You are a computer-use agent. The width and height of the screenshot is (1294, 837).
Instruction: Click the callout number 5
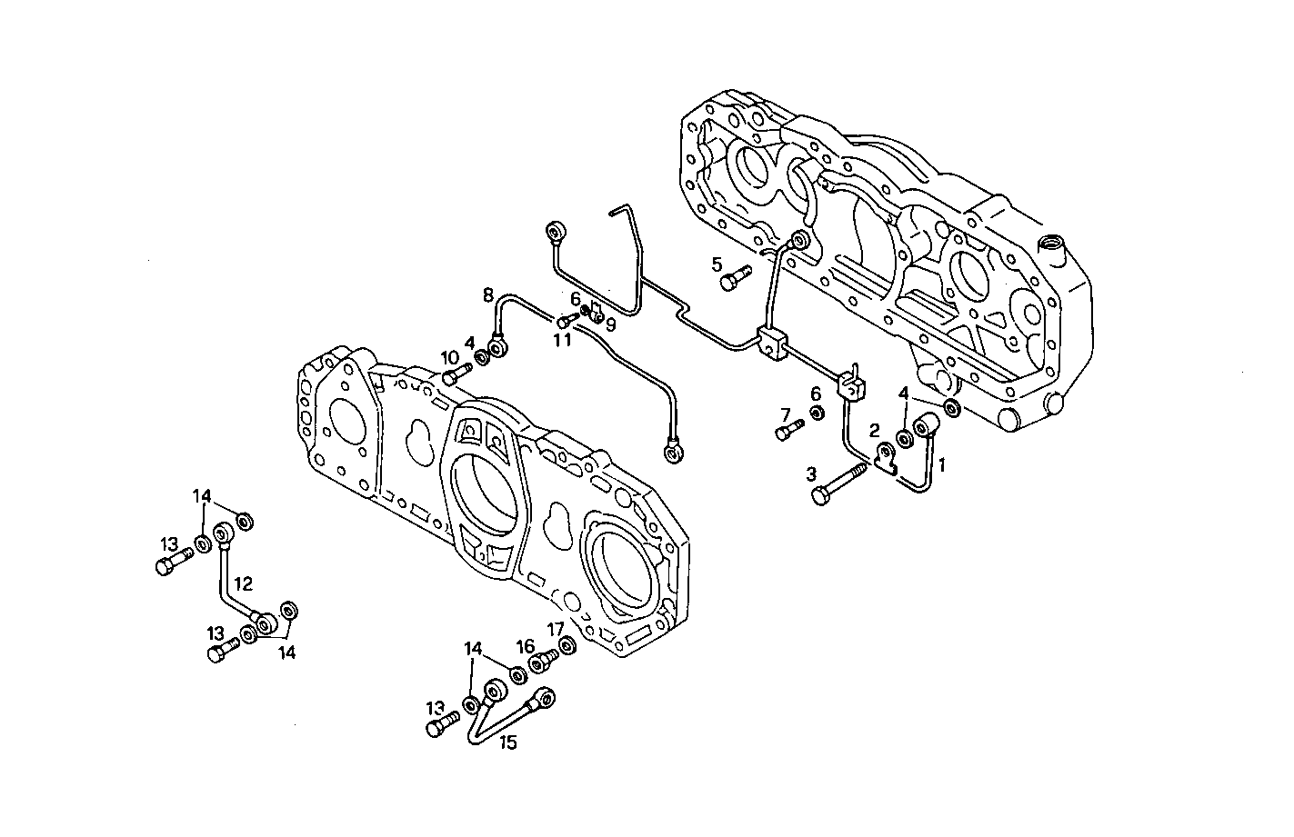tap(717, 264)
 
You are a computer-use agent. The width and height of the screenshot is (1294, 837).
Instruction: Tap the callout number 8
tap(488, 294)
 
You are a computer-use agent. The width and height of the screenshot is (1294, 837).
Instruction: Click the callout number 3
tap(810, 473)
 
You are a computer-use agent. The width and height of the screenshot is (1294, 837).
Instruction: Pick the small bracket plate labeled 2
tap(886, 457)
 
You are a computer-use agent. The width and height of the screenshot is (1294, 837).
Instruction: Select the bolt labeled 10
tap(456, 374)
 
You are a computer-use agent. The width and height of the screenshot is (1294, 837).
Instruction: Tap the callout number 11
tap(562, 339)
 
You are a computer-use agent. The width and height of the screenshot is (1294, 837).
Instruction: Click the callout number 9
tap(610, 324)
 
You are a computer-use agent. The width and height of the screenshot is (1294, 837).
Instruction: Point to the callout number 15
tap(507, 742)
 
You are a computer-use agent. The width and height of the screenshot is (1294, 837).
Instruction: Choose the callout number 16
tap(526, 646)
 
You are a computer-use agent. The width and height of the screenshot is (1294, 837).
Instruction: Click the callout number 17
tap(556, 628)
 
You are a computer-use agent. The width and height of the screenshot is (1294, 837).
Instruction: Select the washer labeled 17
tap(566, 645)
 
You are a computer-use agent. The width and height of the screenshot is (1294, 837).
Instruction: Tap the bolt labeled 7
tap(788, 428)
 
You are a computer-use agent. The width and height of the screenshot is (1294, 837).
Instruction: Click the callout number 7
tap(784, 414)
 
